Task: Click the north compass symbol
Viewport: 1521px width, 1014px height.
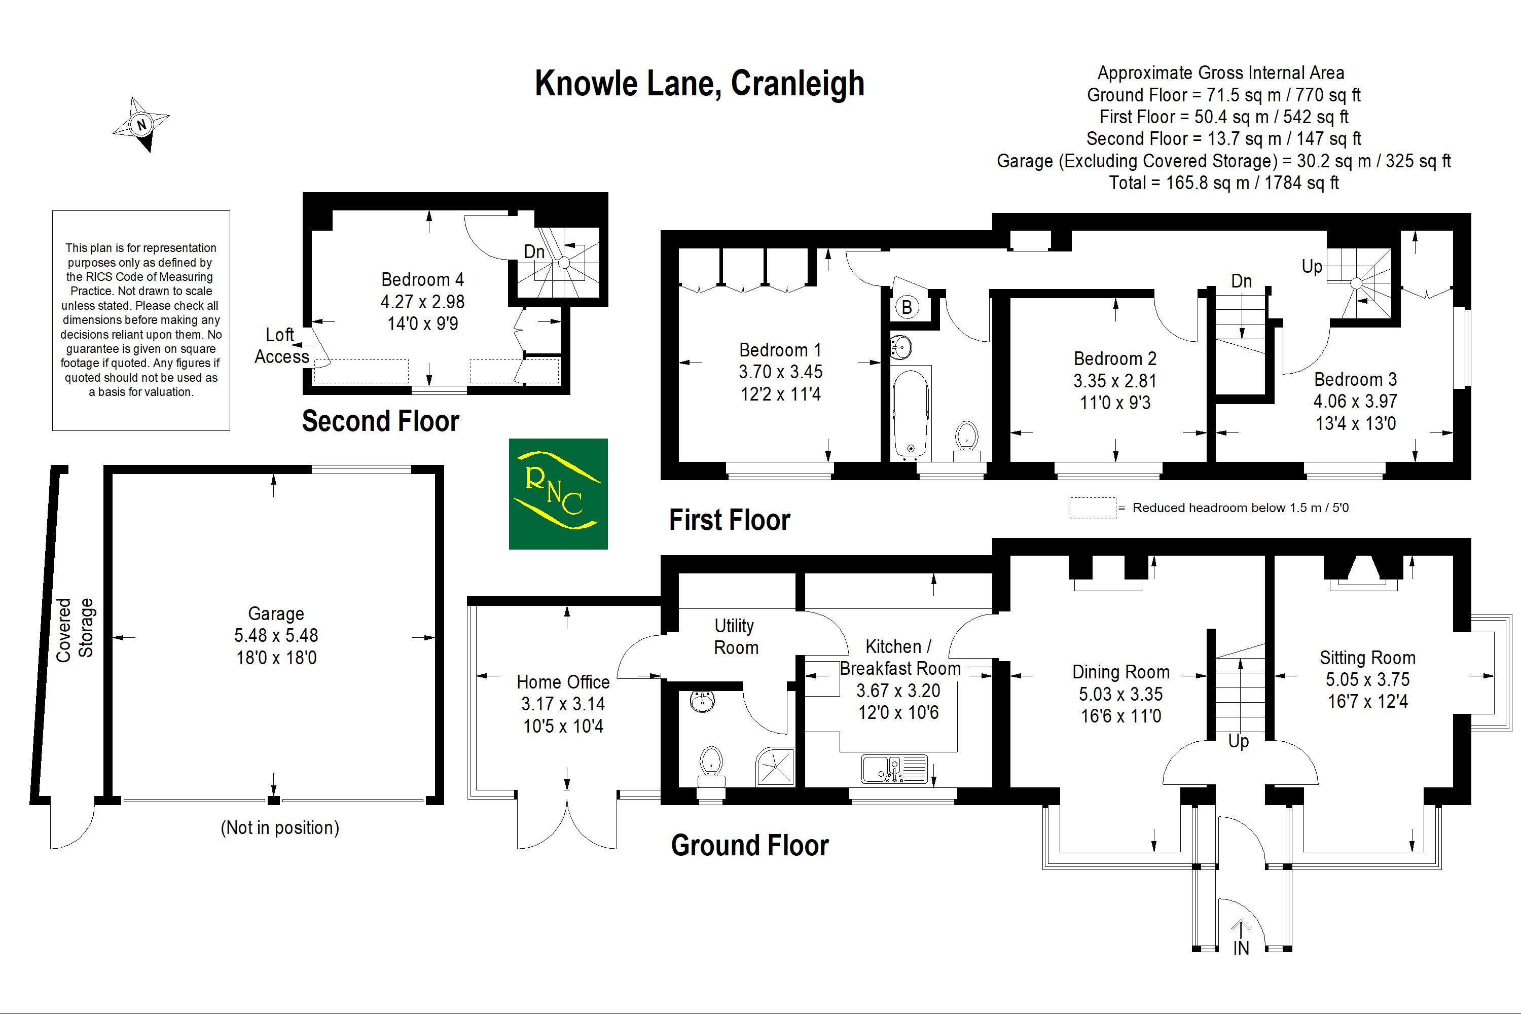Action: (141, 124)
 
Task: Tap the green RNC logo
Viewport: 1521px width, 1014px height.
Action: (558, 494)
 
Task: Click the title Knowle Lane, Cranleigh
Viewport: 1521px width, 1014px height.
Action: (699, 84)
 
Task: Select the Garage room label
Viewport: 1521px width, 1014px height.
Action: (276, 613)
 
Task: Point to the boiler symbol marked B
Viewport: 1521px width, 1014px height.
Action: (907, 308)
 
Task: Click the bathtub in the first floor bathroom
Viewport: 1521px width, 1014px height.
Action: (911, 413)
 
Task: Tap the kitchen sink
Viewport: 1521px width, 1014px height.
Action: (894, 770)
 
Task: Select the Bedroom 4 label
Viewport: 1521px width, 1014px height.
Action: (422, 279)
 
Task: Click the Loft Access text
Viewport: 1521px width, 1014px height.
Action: (281, 346)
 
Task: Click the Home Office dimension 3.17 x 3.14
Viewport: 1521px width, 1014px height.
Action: (563, 704)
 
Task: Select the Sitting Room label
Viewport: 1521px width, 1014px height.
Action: (1367, 658)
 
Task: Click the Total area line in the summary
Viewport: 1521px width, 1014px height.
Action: (1223, 183)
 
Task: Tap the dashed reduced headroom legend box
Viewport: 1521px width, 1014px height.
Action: (1092, 508)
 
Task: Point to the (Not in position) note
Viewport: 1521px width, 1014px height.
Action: (279, 828)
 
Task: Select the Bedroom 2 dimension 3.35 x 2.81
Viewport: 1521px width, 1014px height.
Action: (1115, 381)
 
